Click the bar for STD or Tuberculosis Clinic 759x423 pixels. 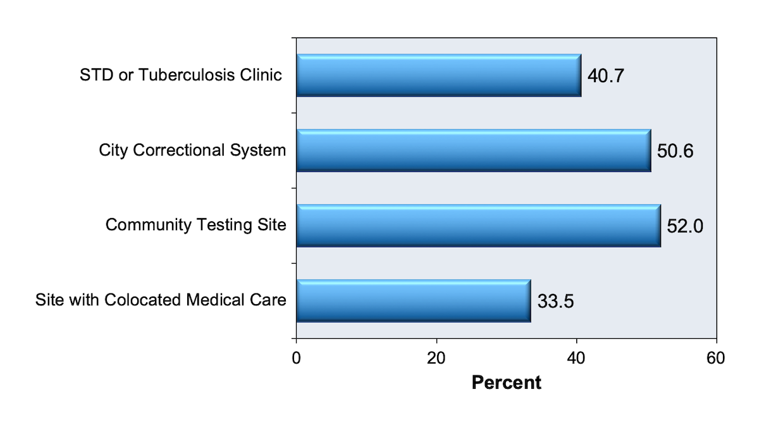click(x=438, y=75)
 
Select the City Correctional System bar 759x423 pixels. click(x=473, y=150)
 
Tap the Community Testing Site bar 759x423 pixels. click(x=478, y=226)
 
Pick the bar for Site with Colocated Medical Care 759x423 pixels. click(x=413, y=300)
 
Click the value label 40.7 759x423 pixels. click(x=606, y=77)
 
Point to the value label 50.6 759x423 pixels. click(x=676, y=152)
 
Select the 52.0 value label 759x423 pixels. click(x=685, y=226)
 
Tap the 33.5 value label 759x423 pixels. click(x=555, y=302)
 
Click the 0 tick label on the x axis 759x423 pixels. click(x=296, y=358)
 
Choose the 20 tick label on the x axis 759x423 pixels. click(x=436, y=358)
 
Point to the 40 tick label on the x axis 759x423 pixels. click(x=576, y=358)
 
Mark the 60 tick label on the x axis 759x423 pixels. click(x=716, y=358)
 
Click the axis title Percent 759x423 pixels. click(x=507, y=383)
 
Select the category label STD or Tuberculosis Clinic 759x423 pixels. click(x=180, y=75)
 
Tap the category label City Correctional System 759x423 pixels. click(x=192, y=150)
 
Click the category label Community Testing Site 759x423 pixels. click(x=196, y=225)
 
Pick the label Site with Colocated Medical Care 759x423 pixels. click(x=161, y=300)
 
